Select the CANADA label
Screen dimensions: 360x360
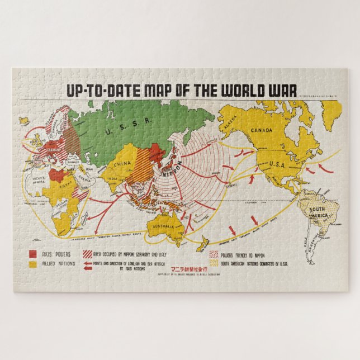(262, 130)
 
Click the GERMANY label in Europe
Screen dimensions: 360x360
(53, 149)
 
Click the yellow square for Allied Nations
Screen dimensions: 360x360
(34, 263)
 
